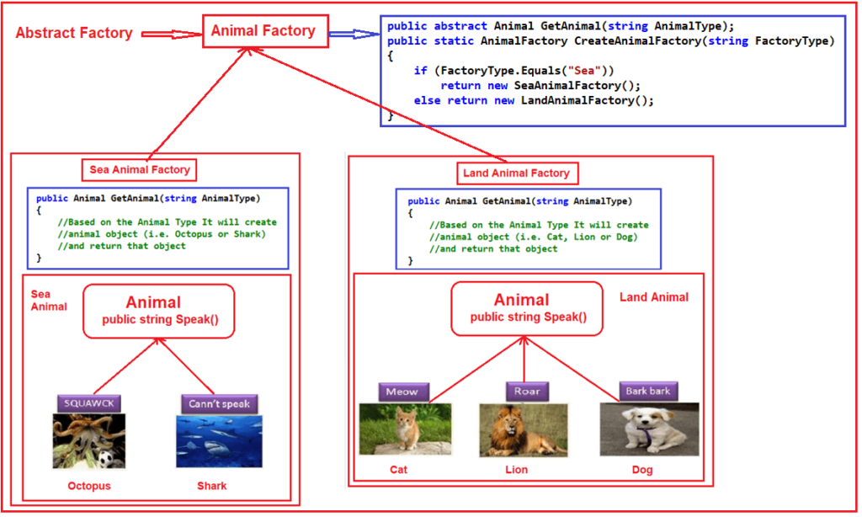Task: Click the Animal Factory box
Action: coord(263,32)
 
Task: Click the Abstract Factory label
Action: coord(74,34)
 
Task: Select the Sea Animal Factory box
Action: coord(141,170)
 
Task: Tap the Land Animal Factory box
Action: coord(517,173)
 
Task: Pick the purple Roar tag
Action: coord(527,392)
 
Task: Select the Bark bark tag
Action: coord(648,392)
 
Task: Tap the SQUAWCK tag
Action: coord(89,403)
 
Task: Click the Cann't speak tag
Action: coord(219,403)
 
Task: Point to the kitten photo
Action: coord(405,429)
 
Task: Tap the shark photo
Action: coord(219,440)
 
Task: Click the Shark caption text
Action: coord(211,486)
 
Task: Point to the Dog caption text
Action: coord(642,470)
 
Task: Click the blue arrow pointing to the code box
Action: coord(353,34)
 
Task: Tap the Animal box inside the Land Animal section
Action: coord(527,308)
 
